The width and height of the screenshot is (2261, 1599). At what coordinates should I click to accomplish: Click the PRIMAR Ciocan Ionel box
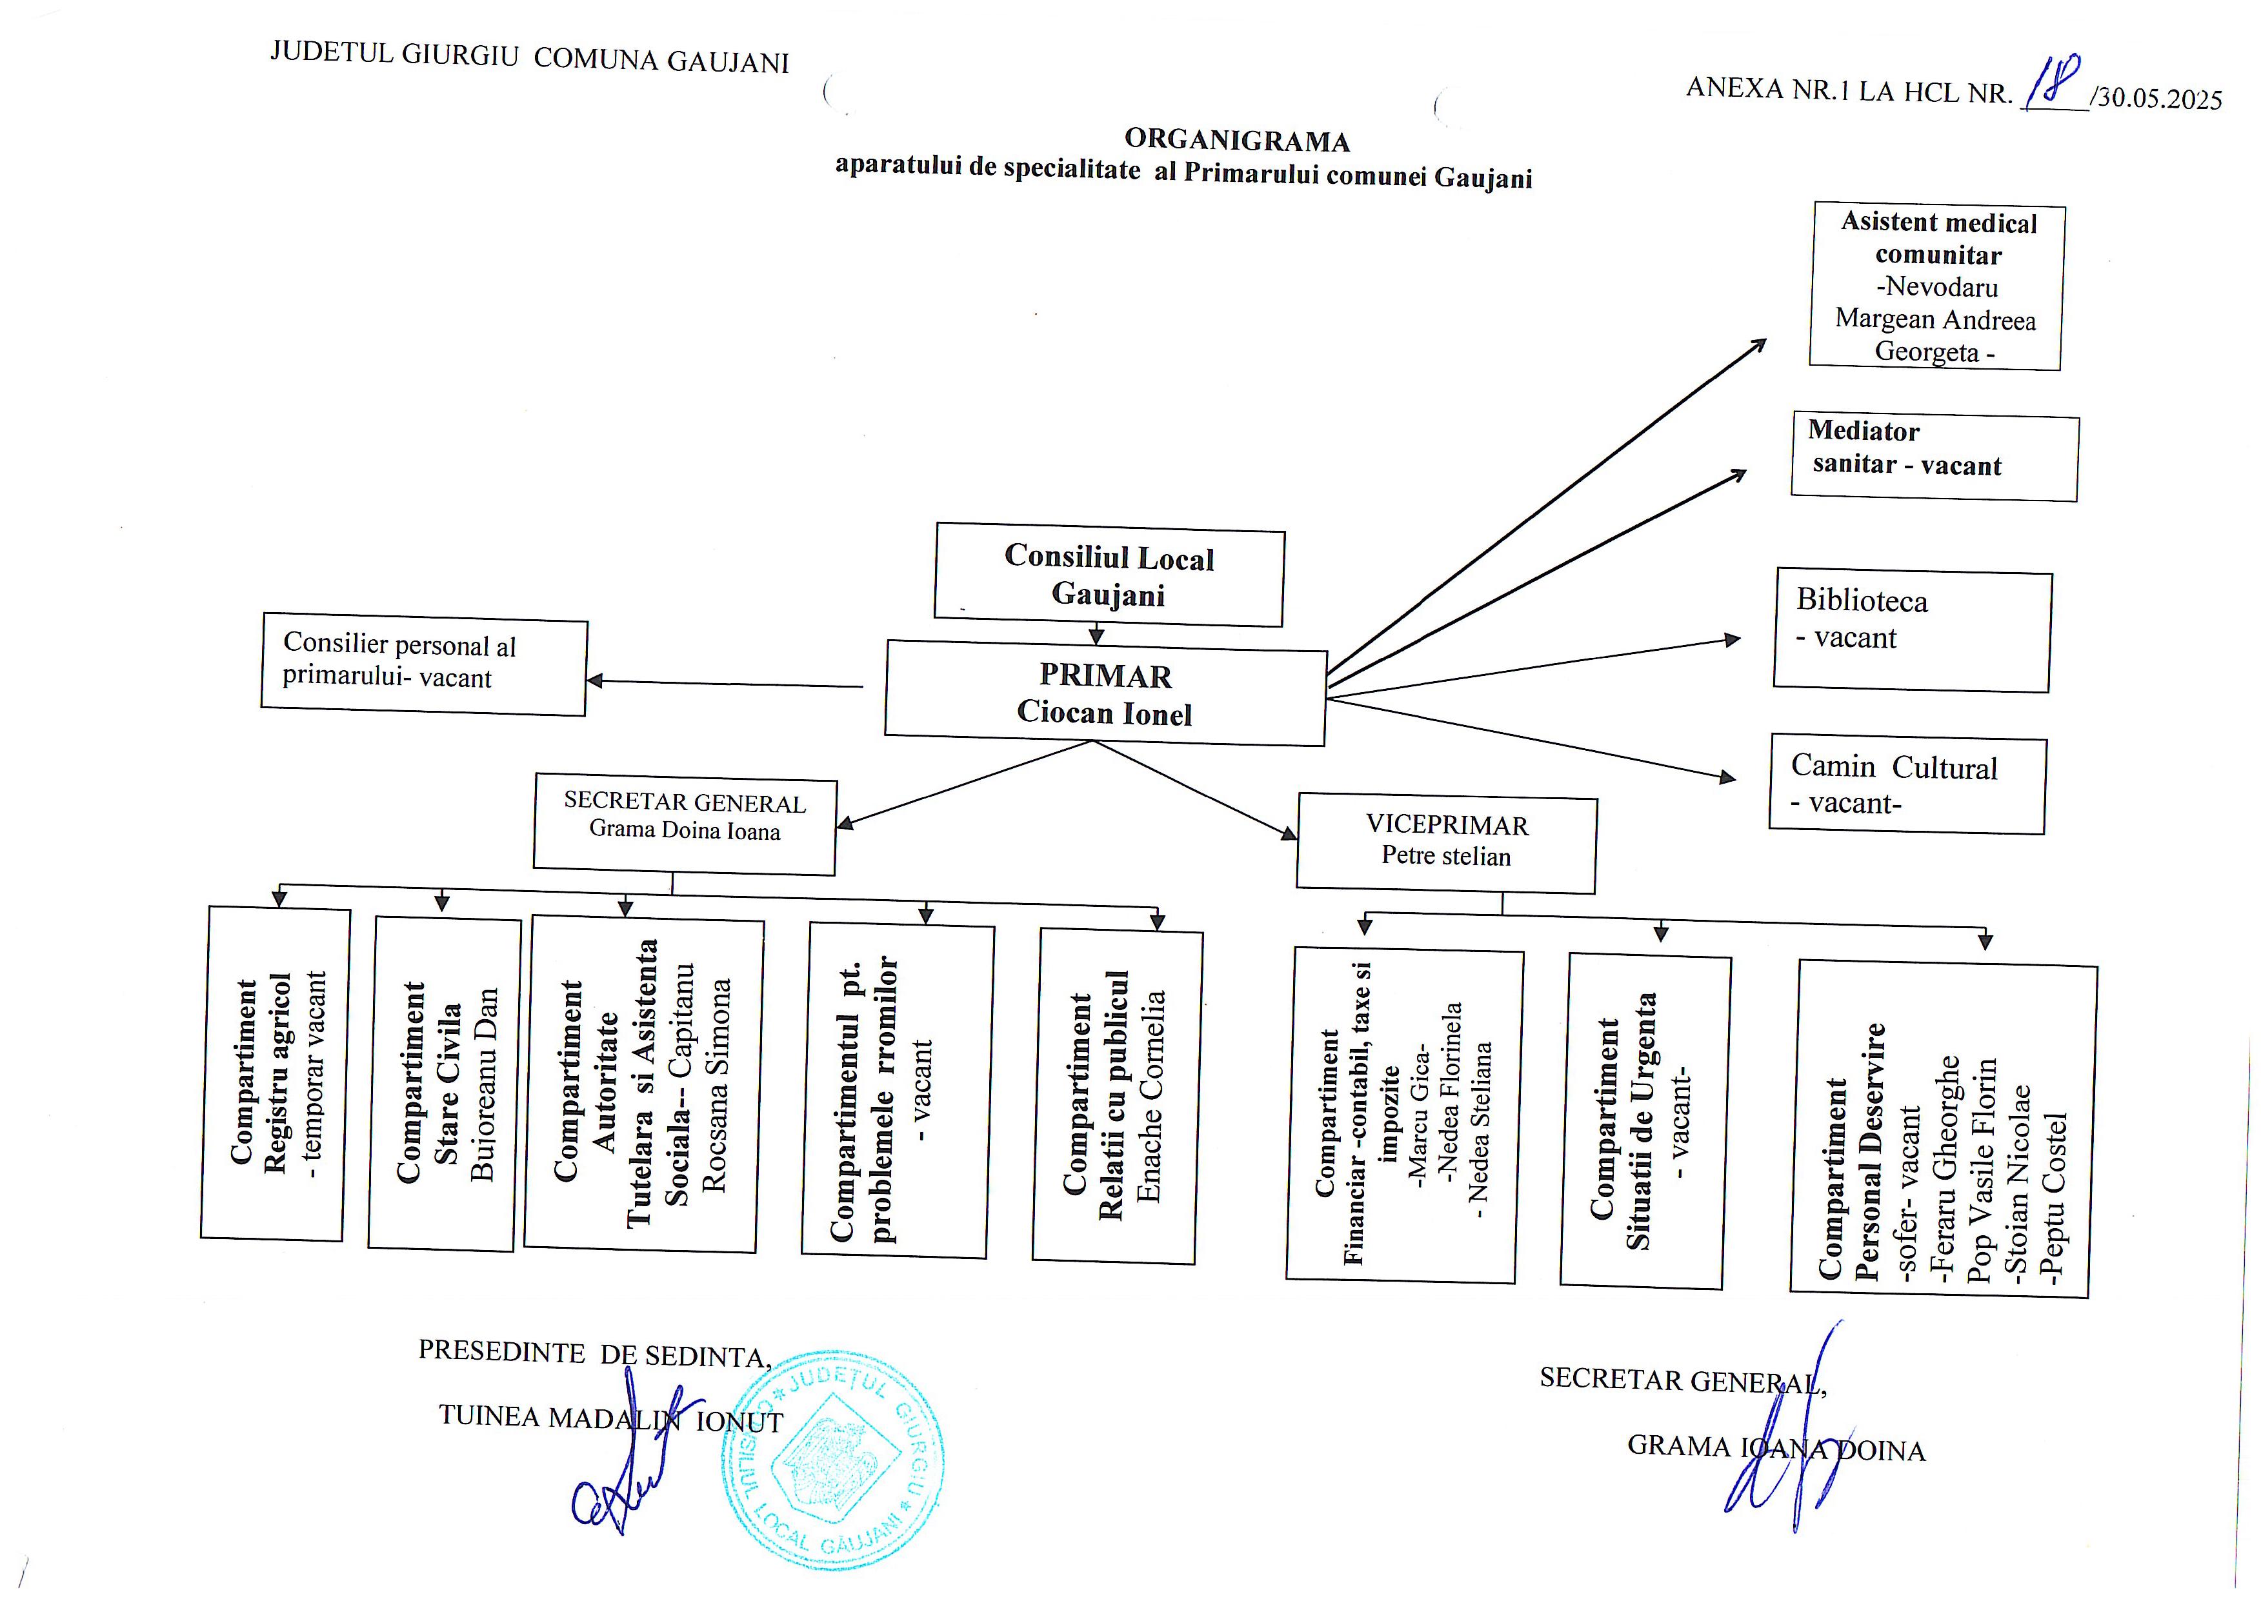point(1105,693)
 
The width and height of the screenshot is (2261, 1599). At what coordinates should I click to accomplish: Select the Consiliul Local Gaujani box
point(1109,576)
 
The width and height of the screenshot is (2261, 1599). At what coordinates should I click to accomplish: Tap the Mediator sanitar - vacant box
point(1934,459)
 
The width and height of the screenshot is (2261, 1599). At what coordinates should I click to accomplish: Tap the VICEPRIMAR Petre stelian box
point(1445,844)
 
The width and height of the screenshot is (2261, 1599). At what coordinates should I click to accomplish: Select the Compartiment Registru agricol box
point(275,1073)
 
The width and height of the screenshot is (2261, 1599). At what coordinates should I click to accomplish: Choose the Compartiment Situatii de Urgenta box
point(1645,1122)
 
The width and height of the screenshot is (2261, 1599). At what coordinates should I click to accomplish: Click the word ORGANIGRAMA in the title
point(1237,141)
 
